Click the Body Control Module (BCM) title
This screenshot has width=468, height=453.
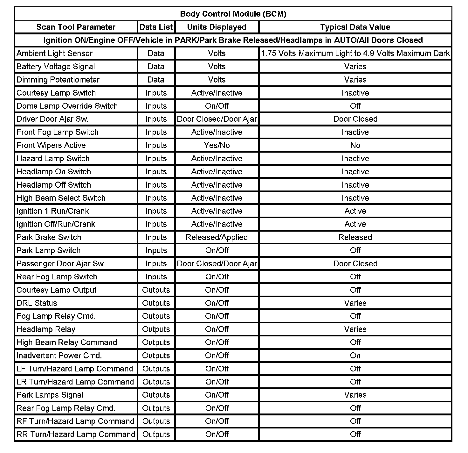point(233,14)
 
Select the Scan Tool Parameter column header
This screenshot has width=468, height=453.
point(76,27)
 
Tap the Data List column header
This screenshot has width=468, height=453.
point(156,27)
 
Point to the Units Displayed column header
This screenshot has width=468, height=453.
point(217,27)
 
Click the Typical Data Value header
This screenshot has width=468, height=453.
point(355,27)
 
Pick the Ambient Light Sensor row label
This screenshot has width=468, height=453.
point(54,54)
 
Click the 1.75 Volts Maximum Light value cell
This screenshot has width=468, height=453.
point(355,54)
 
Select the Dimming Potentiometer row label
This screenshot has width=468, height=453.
point(58,80)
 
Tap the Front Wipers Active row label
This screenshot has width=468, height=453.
point(51,146)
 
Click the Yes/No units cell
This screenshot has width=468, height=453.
point(217,146)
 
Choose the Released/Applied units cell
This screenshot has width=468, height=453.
point(217,237)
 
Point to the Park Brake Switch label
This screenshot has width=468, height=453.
point(49,237)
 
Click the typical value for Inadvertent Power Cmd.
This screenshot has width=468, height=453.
point(355,356)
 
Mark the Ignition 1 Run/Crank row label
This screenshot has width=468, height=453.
point(53,211)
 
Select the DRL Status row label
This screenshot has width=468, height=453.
point(37,303)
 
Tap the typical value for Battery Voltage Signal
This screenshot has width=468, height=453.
point(355,67)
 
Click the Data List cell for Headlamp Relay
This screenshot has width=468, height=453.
point(156,329)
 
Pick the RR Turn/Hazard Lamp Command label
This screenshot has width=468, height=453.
point(76,435)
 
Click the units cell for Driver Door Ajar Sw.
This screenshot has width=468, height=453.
point(217,119)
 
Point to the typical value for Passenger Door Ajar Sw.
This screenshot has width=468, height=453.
point(355,264)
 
